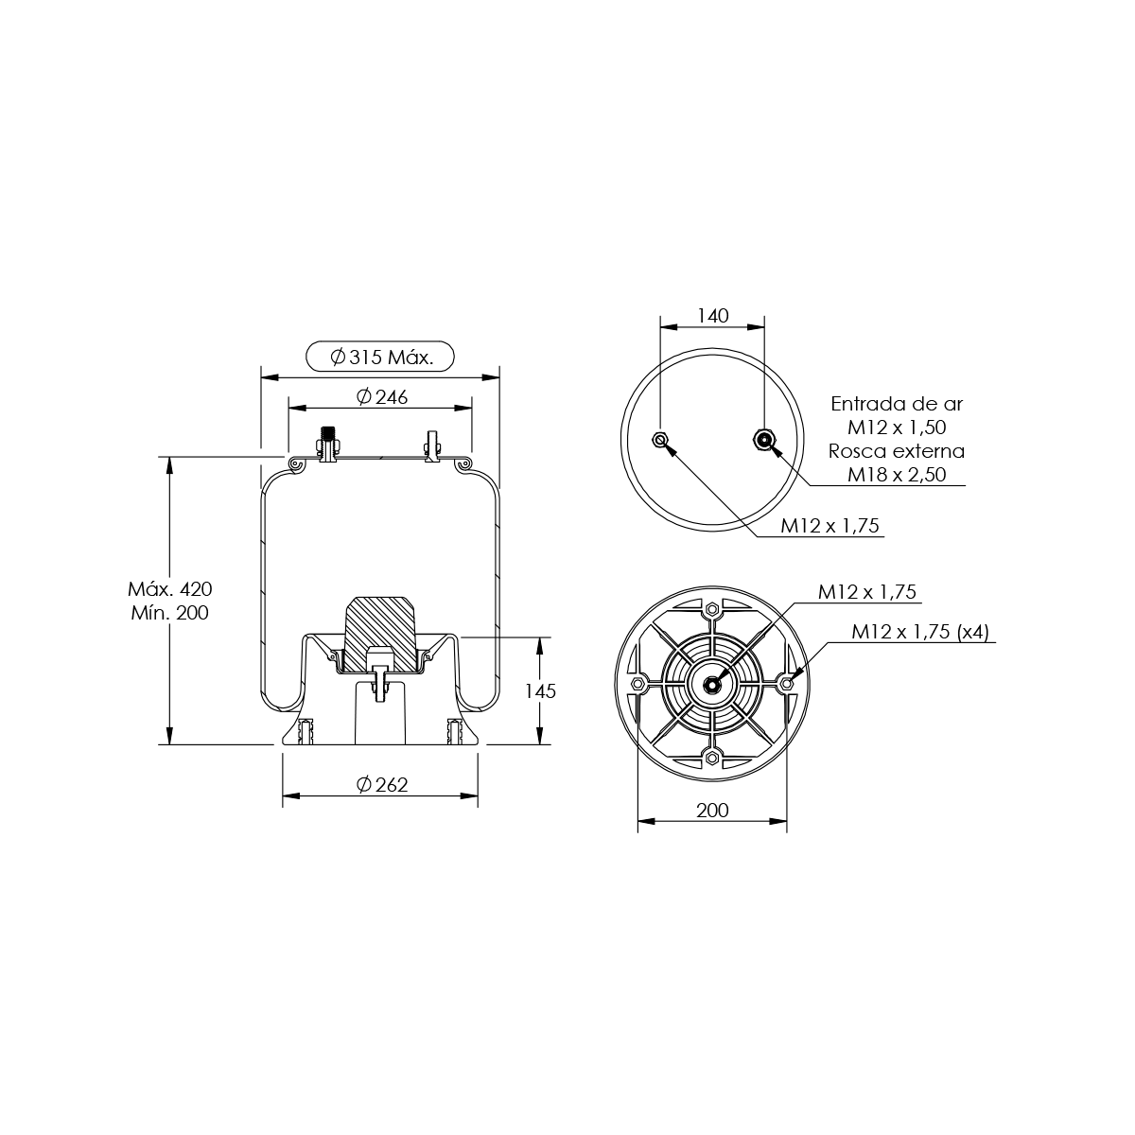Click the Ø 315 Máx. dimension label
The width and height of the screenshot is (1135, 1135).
tap(381, 357)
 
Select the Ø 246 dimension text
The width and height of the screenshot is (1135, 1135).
tap(382, 397)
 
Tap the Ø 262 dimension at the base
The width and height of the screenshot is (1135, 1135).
tap(382, 784)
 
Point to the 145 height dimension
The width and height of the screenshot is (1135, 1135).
tap(540, 690)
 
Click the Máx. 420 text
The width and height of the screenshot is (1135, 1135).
tap(169, 589)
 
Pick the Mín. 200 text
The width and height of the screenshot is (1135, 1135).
tap(169, 613)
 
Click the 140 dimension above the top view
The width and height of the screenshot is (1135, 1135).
tap(713, 316)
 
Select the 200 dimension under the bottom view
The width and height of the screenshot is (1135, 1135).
tap(712, 811)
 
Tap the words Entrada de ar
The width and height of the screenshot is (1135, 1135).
tap(897, 404)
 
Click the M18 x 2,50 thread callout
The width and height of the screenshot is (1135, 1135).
tap(897, 475)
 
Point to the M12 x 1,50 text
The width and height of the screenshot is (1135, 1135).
tap(897, 428)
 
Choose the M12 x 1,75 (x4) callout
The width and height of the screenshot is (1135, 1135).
tap(920, 632)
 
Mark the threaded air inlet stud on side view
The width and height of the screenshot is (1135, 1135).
tap(328, 445)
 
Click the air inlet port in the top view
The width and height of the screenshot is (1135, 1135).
tap(764, 438)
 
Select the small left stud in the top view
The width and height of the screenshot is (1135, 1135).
tap(659, 439)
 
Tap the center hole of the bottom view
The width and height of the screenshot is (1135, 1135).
tap(712, 685)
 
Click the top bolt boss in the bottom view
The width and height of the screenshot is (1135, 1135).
tap(712, 608)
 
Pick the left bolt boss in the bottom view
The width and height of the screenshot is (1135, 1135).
tap(637, 684)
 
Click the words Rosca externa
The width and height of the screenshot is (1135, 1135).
tap(897, 451)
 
